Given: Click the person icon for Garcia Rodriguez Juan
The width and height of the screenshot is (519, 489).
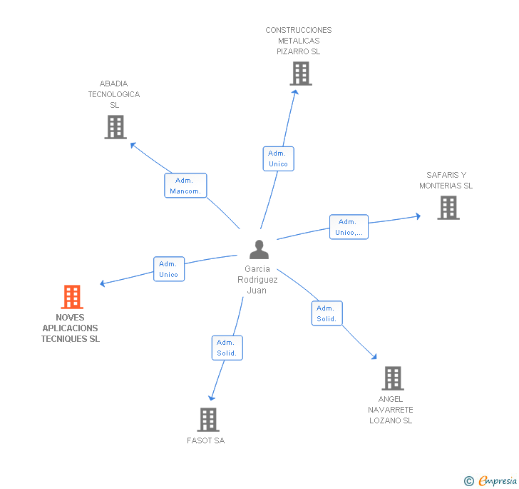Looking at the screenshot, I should pos(259,250).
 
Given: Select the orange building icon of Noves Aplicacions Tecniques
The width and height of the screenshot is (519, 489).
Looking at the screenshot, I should pos(71,297).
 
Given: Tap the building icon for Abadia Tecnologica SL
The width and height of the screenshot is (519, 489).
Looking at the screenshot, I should pos(115,127).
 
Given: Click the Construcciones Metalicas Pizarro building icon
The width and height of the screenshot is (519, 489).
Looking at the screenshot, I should pos(300,74).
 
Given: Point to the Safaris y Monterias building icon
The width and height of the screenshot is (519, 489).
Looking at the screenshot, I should pos(448,208).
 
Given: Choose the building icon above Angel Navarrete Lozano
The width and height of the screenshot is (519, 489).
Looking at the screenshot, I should pos(392,378).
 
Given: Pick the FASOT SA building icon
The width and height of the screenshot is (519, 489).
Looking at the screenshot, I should pos(207,420).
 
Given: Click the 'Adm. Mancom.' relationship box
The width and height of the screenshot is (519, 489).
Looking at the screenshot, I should pos(185,186).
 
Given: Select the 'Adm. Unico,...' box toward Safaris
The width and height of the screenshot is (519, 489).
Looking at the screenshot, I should pos(349,227).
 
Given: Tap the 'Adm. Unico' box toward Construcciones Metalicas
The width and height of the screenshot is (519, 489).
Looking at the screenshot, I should pos(278,158).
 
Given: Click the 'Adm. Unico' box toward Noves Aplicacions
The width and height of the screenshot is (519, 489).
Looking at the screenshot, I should pos(169,269).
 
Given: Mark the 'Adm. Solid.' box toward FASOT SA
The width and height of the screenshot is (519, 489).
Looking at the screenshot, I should pos(227,348).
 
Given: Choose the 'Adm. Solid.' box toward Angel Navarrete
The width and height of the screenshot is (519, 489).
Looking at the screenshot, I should pos(327,313).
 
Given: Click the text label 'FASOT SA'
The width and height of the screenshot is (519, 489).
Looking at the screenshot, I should pos(205,440).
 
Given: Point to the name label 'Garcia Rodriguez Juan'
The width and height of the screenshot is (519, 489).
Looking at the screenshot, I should pos(257,280).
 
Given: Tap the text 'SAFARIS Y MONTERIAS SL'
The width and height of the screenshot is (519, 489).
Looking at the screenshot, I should pos(446,181).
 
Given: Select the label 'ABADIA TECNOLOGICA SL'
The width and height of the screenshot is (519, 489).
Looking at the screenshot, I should pos(114,94).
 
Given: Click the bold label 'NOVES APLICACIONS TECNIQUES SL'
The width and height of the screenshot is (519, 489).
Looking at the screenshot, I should pos(71,328).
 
